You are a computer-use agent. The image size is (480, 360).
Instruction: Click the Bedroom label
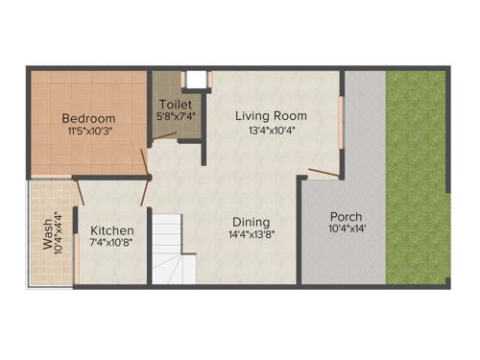coord(89,118)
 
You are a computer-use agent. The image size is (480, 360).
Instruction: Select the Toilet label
coord(176,104)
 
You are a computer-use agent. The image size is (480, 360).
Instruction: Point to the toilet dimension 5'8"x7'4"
coord(176,116)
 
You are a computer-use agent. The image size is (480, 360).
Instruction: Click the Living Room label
coord(272,115)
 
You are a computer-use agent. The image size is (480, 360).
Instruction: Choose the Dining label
coord(252,219)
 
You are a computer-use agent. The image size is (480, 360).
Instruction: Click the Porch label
coord(346,216)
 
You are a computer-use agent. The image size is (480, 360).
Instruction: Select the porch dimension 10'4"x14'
coord(347,229)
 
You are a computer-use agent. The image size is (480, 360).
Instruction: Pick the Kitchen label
coord(112,231)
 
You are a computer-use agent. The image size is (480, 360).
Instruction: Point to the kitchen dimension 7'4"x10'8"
coord(112,244)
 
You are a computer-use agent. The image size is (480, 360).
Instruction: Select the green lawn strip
coord(417,178)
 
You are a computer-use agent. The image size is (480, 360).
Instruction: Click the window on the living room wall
coord(342,121)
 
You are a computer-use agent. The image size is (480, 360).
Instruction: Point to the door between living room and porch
coord(324,175)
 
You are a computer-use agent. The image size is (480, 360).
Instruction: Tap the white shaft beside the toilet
coord(196,80)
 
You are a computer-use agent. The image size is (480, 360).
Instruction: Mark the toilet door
coord(165,141)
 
